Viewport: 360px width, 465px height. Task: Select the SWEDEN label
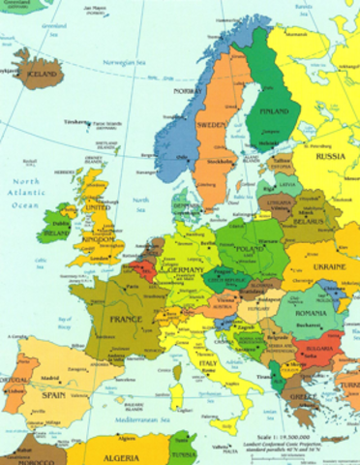click(x=212, y=125)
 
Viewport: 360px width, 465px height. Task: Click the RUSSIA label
click(x=330, y=155)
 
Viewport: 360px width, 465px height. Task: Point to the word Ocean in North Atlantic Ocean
click(x=26, y=204)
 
